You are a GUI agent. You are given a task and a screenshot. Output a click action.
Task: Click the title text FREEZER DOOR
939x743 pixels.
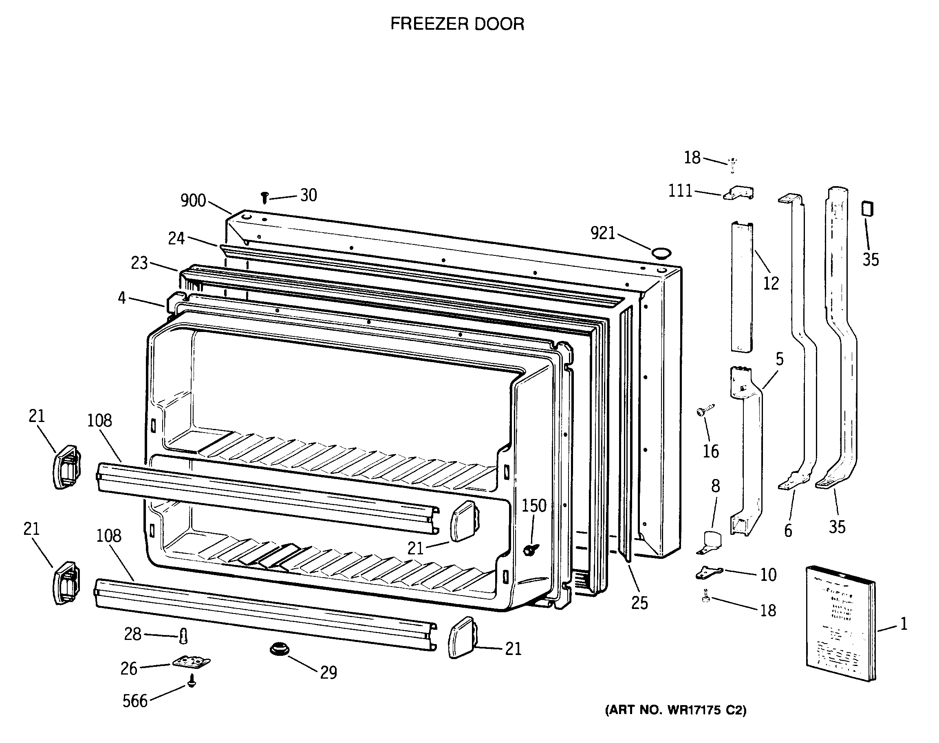click(x=457, y=24)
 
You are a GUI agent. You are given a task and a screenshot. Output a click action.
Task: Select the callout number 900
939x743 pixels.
click(x=193, y=200)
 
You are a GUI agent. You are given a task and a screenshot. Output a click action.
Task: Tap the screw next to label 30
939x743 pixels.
click(x=264, y=198)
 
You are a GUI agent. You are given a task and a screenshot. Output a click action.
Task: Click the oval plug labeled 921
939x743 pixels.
click(x=661, y=253)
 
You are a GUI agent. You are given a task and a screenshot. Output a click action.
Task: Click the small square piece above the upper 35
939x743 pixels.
click(x=867, y=209)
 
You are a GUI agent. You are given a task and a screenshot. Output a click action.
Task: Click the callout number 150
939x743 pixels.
click(x=534, y=506)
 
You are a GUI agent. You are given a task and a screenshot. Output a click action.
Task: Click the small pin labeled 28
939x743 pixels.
click(x=183, y=636)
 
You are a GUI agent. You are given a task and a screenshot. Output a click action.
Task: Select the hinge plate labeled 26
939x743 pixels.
click(x=192, y=662)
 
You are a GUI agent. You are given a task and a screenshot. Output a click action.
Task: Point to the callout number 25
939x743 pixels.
click(x=639, y=603)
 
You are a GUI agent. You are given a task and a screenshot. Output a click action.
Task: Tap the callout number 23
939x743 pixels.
click(x=139, y=263)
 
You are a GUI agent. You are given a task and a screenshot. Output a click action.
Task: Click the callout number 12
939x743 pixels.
click(x=771, y=283)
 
